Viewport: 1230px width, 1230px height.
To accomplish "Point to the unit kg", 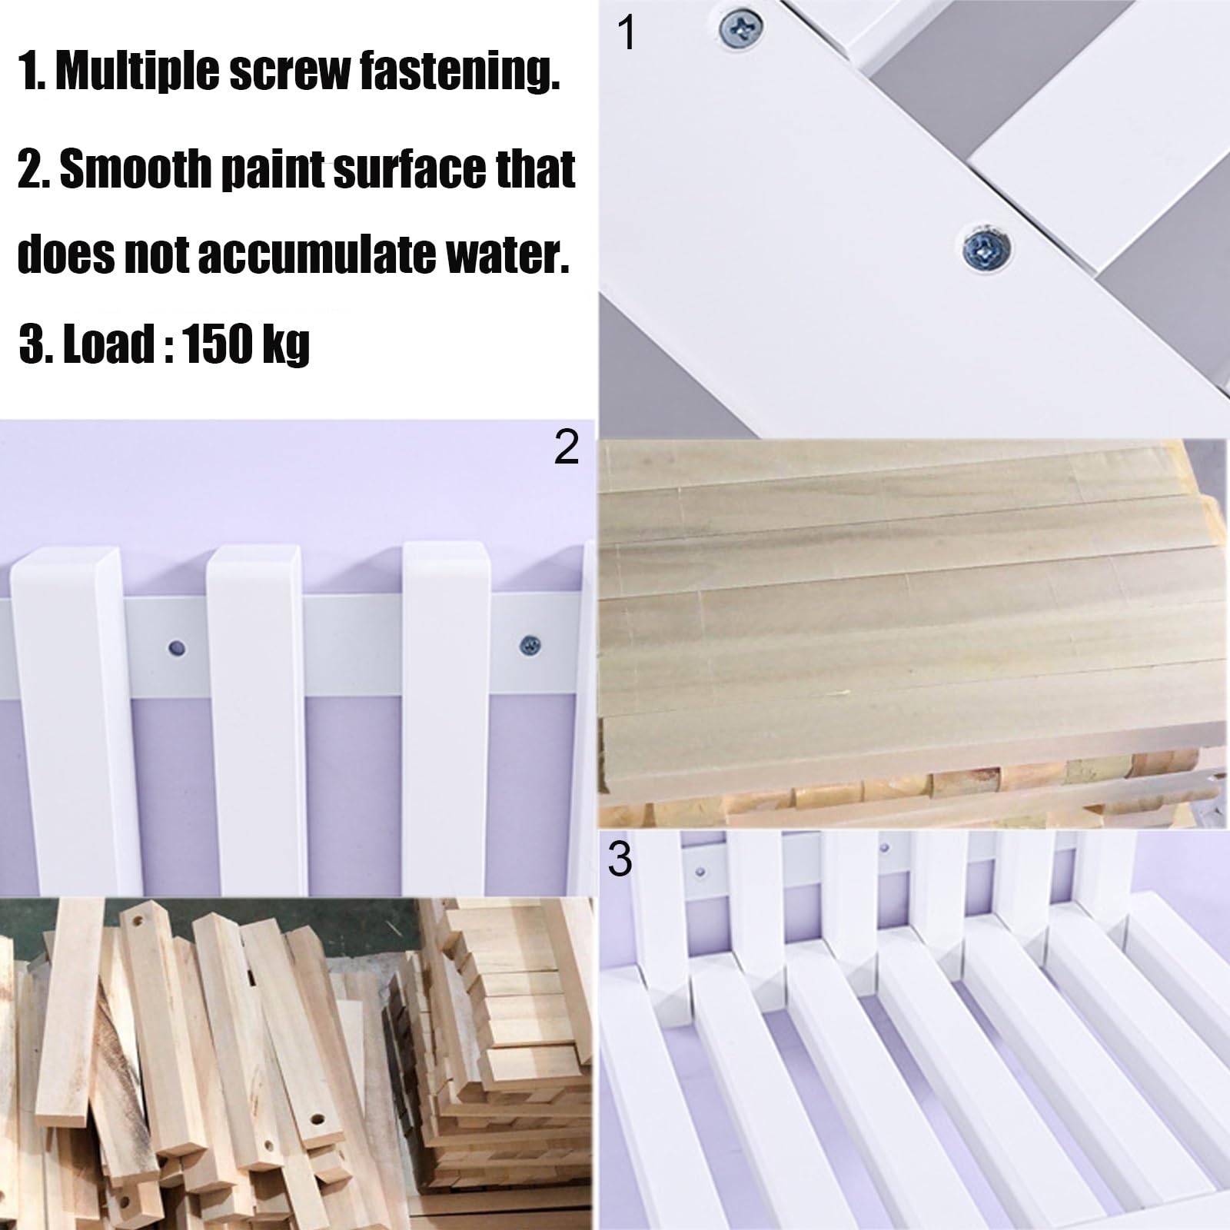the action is [285, 345].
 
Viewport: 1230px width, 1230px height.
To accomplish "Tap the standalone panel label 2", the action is [567, 447].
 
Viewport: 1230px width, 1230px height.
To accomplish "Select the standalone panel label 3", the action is [620, 859].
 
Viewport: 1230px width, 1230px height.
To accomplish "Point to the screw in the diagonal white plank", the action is [983, 247].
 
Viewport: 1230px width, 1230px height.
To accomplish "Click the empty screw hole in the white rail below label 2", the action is [178, 648].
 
